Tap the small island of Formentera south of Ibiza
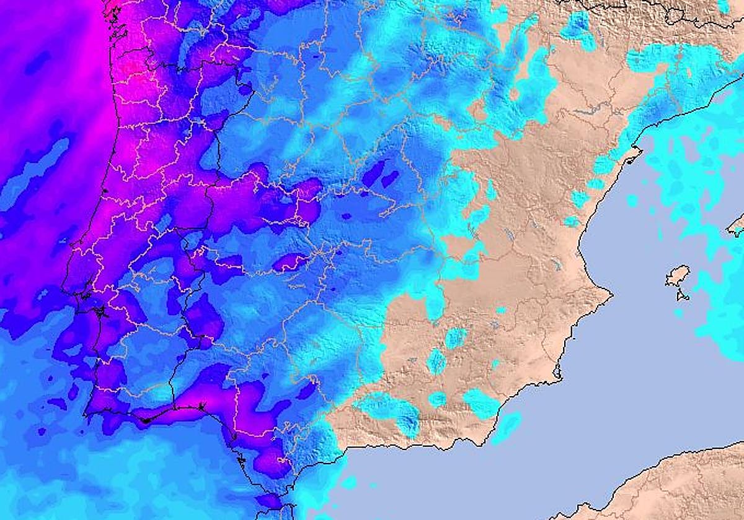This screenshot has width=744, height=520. tap(683, 296)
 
